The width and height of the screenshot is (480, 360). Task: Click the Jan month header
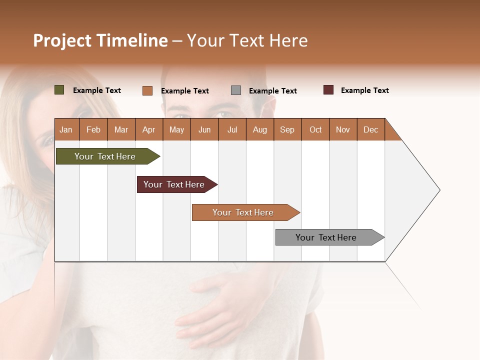point(66,129)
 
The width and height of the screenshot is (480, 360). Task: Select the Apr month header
point(149,129)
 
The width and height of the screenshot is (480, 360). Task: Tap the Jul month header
point(232,129)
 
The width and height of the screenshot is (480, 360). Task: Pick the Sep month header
point(287,129)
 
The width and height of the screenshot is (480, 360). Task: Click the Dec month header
point(370,129)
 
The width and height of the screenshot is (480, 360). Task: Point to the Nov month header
point(343,129)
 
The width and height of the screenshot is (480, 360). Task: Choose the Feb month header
point(93,129)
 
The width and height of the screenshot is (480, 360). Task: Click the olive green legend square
point(59,90)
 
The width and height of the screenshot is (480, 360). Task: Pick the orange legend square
point(147,90)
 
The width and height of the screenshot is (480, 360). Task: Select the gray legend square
point(236,90)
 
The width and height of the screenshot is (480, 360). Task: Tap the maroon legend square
point(328,90)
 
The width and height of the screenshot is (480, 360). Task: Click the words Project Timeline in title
point(100,40)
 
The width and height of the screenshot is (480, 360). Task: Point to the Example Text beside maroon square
point(364,90)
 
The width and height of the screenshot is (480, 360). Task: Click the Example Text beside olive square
point(97,90)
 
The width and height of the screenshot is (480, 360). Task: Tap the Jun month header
point(204,129)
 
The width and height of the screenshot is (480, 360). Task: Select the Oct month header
point(315,129)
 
